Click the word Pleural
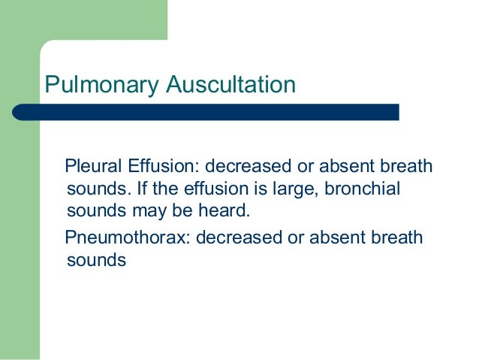(x=91, y=165)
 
